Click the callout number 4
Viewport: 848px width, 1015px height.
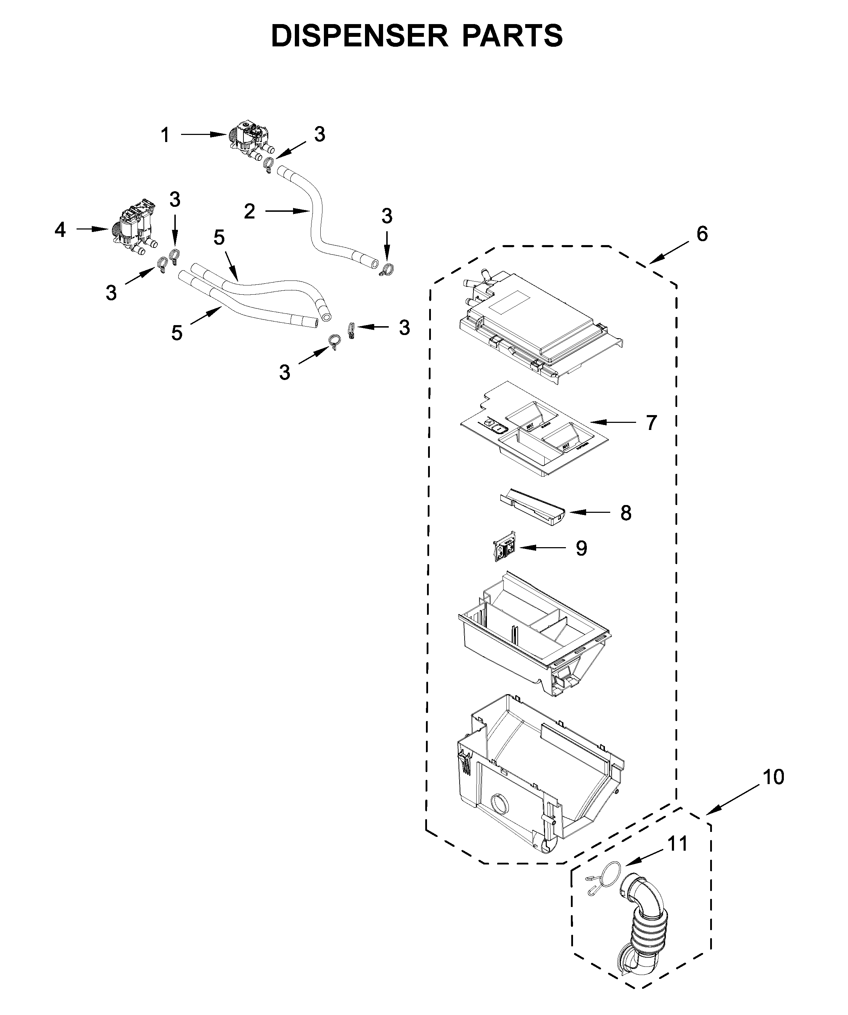[x=60, y=230]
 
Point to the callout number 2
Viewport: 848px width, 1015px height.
[x=249, y=211]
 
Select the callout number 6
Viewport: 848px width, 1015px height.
[x=702, y=234]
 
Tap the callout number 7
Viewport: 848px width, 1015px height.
[x=652, y=423]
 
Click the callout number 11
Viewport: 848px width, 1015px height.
[x=677, y=844]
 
